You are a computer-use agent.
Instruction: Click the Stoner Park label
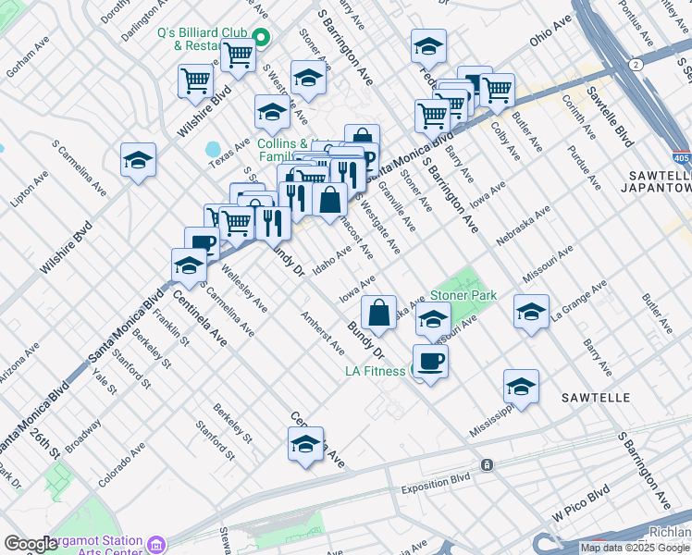coord(463,296)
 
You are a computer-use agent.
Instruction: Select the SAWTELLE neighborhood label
coord(597,398)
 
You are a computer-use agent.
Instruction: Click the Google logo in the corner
coord(31,544)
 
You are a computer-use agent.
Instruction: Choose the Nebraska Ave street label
coord(523,227)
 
